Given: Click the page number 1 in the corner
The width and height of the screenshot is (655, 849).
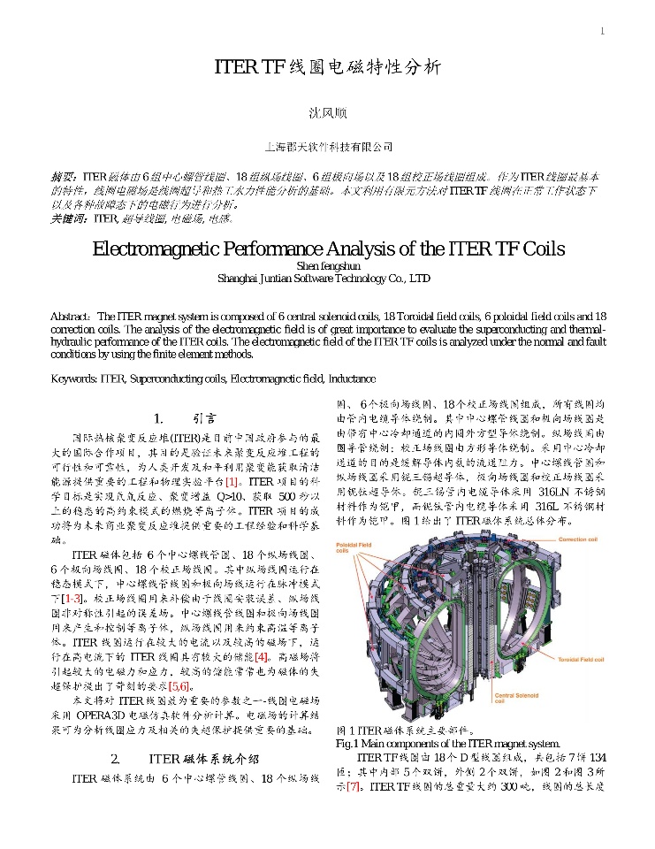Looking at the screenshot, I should click(x=602, y=32).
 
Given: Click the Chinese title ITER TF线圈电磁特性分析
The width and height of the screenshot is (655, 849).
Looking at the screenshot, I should click(x=327, y=67).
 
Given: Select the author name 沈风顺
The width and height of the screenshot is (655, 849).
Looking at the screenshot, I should click(x=327, y=113).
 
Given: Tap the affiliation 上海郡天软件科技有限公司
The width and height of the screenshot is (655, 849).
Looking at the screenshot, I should click(x=328, y=147).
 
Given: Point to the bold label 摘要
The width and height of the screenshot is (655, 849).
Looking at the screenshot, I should click(x=65, y=177).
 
